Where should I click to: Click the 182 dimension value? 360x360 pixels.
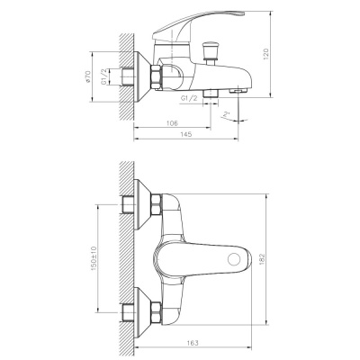click(285, 257)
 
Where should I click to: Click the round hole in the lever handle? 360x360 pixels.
click(237, 259)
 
